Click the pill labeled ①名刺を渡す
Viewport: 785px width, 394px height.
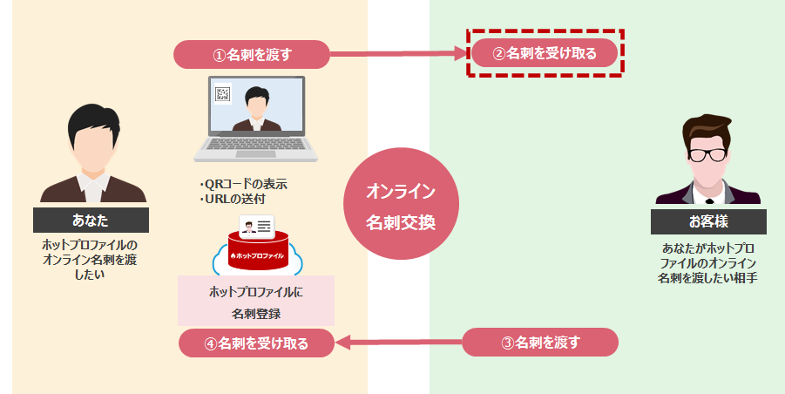click(252, 54)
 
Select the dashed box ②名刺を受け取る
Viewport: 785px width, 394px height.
click(545, 53)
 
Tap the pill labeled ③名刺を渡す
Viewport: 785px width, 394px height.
click(540, 342)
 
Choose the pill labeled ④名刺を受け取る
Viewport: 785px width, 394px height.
click(256, 343)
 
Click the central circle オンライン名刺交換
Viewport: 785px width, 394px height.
click(400, 206)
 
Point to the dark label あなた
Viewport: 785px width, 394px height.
click(91, 219)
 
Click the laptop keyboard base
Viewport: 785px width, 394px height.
click(254, 152)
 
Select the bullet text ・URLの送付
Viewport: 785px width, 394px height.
click(233, 200)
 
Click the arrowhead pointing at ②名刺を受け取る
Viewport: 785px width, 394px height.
click(463, 54)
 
